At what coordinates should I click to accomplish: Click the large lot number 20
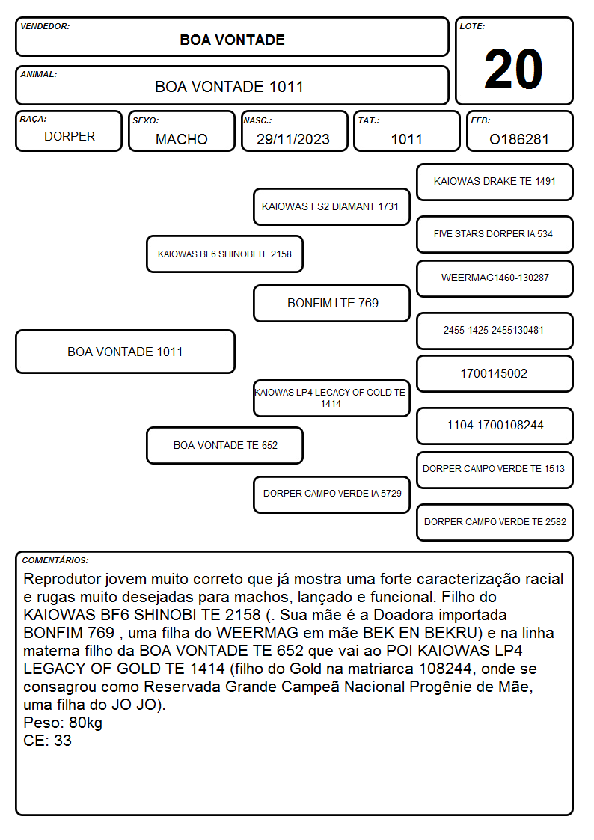coord(513,69)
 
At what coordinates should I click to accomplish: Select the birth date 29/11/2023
coord(293,139)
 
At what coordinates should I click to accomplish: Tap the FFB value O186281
coord(519,139)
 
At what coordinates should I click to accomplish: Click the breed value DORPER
coord(70,137)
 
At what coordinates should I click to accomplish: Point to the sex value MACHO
coord(182,139)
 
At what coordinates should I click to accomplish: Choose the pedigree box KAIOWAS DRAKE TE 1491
coord(495,183)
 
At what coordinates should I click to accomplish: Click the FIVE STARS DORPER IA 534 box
coord(495,234)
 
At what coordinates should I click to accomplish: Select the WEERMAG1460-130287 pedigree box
coord(495,278)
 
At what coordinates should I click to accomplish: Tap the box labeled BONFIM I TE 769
coord(331,303)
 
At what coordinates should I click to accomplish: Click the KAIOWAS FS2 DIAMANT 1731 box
coord(331,206)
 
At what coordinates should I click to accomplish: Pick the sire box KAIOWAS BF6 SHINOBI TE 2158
coord(224,254)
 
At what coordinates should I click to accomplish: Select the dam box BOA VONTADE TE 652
coord(224,445)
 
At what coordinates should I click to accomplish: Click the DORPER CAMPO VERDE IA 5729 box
coord(331,494)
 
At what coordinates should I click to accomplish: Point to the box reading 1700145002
coord(495,373)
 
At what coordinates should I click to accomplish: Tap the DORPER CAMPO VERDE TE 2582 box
coord(495,522)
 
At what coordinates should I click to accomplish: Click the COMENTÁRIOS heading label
coord(55,560)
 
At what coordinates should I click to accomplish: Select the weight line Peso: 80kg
coord(63,723)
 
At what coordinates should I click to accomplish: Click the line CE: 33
coord(47,741)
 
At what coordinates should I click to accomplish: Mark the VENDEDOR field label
coord(45,26)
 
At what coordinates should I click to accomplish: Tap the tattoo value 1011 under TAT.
coord(406,139)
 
